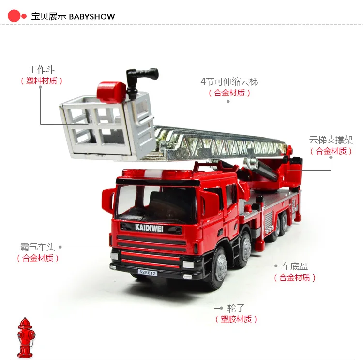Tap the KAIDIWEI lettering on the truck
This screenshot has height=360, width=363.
coord(149,228)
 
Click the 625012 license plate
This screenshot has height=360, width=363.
coord(148,273)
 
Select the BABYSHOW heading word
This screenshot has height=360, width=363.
coord(92,16)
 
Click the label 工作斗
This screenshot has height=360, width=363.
coord(42,70)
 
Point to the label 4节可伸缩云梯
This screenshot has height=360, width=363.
coord(229,81)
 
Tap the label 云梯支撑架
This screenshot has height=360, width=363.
coord(331,140)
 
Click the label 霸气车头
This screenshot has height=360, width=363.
coord(38,247)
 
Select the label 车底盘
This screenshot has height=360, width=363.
coord(295,266)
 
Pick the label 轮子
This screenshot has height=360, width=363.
coord(236,308)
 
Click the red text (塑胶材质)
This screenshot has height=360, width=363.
coord(236,319)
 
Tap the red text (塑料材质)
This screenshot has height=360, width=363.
coord(42,80)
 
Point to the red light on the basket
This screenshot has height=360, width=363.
coord(111,92)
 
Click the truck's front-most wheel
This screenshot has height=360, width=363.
coord(218,266)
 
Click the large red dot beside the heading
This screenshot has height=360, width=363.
coord(14,16)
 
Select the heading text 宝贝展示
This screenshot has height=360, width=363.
coord(48,16)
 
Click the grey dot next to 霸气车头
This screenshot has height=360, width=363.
coord(60,247)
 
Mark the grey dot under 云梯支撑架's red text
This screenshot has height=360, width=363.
coord(331,157)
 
